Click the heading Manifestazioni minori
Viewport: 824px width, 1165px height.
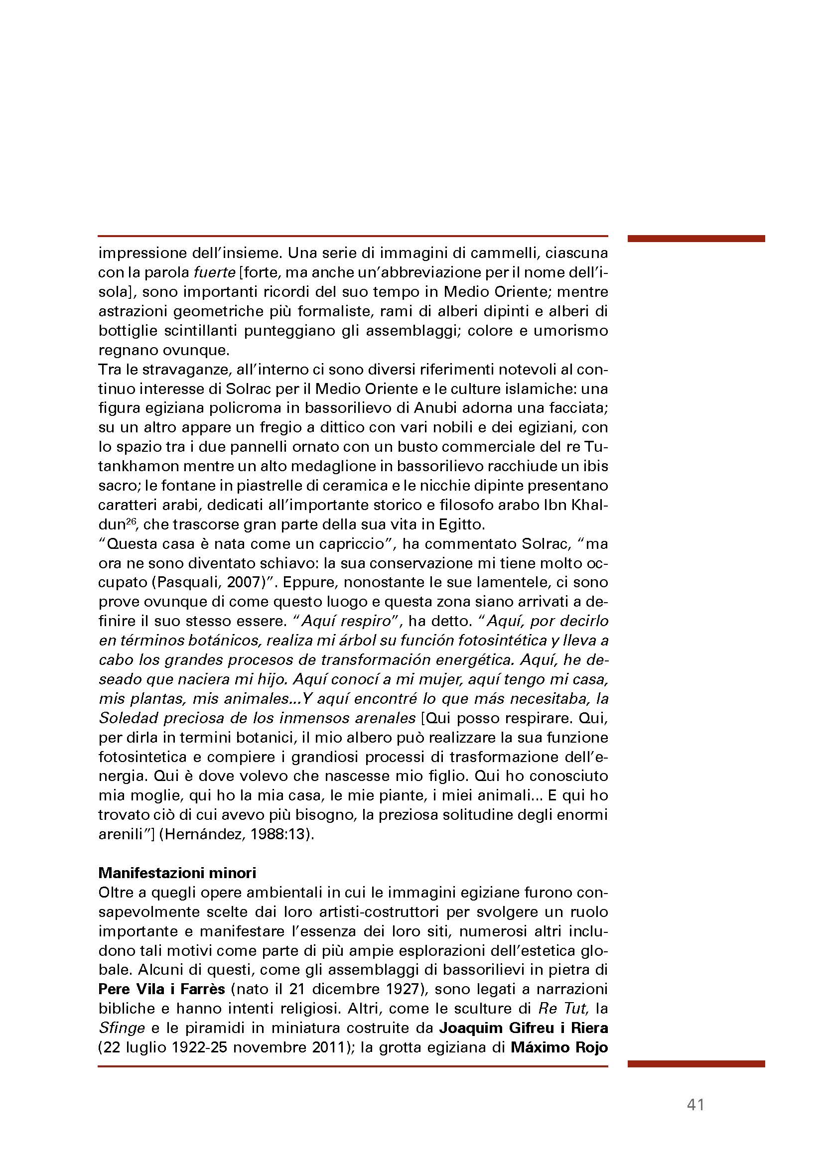pyautogui.click(x=177, y=873)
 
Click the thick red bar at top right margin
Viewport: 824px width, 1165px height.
pyautogui.click(x=695, y=239)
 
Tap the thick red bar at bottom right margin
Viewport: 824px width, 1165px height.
pyautogui.click(x=695, y=1064)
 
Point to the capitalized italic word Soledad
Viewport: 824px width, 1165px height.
pyautogui.click(x=129, y=718)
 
